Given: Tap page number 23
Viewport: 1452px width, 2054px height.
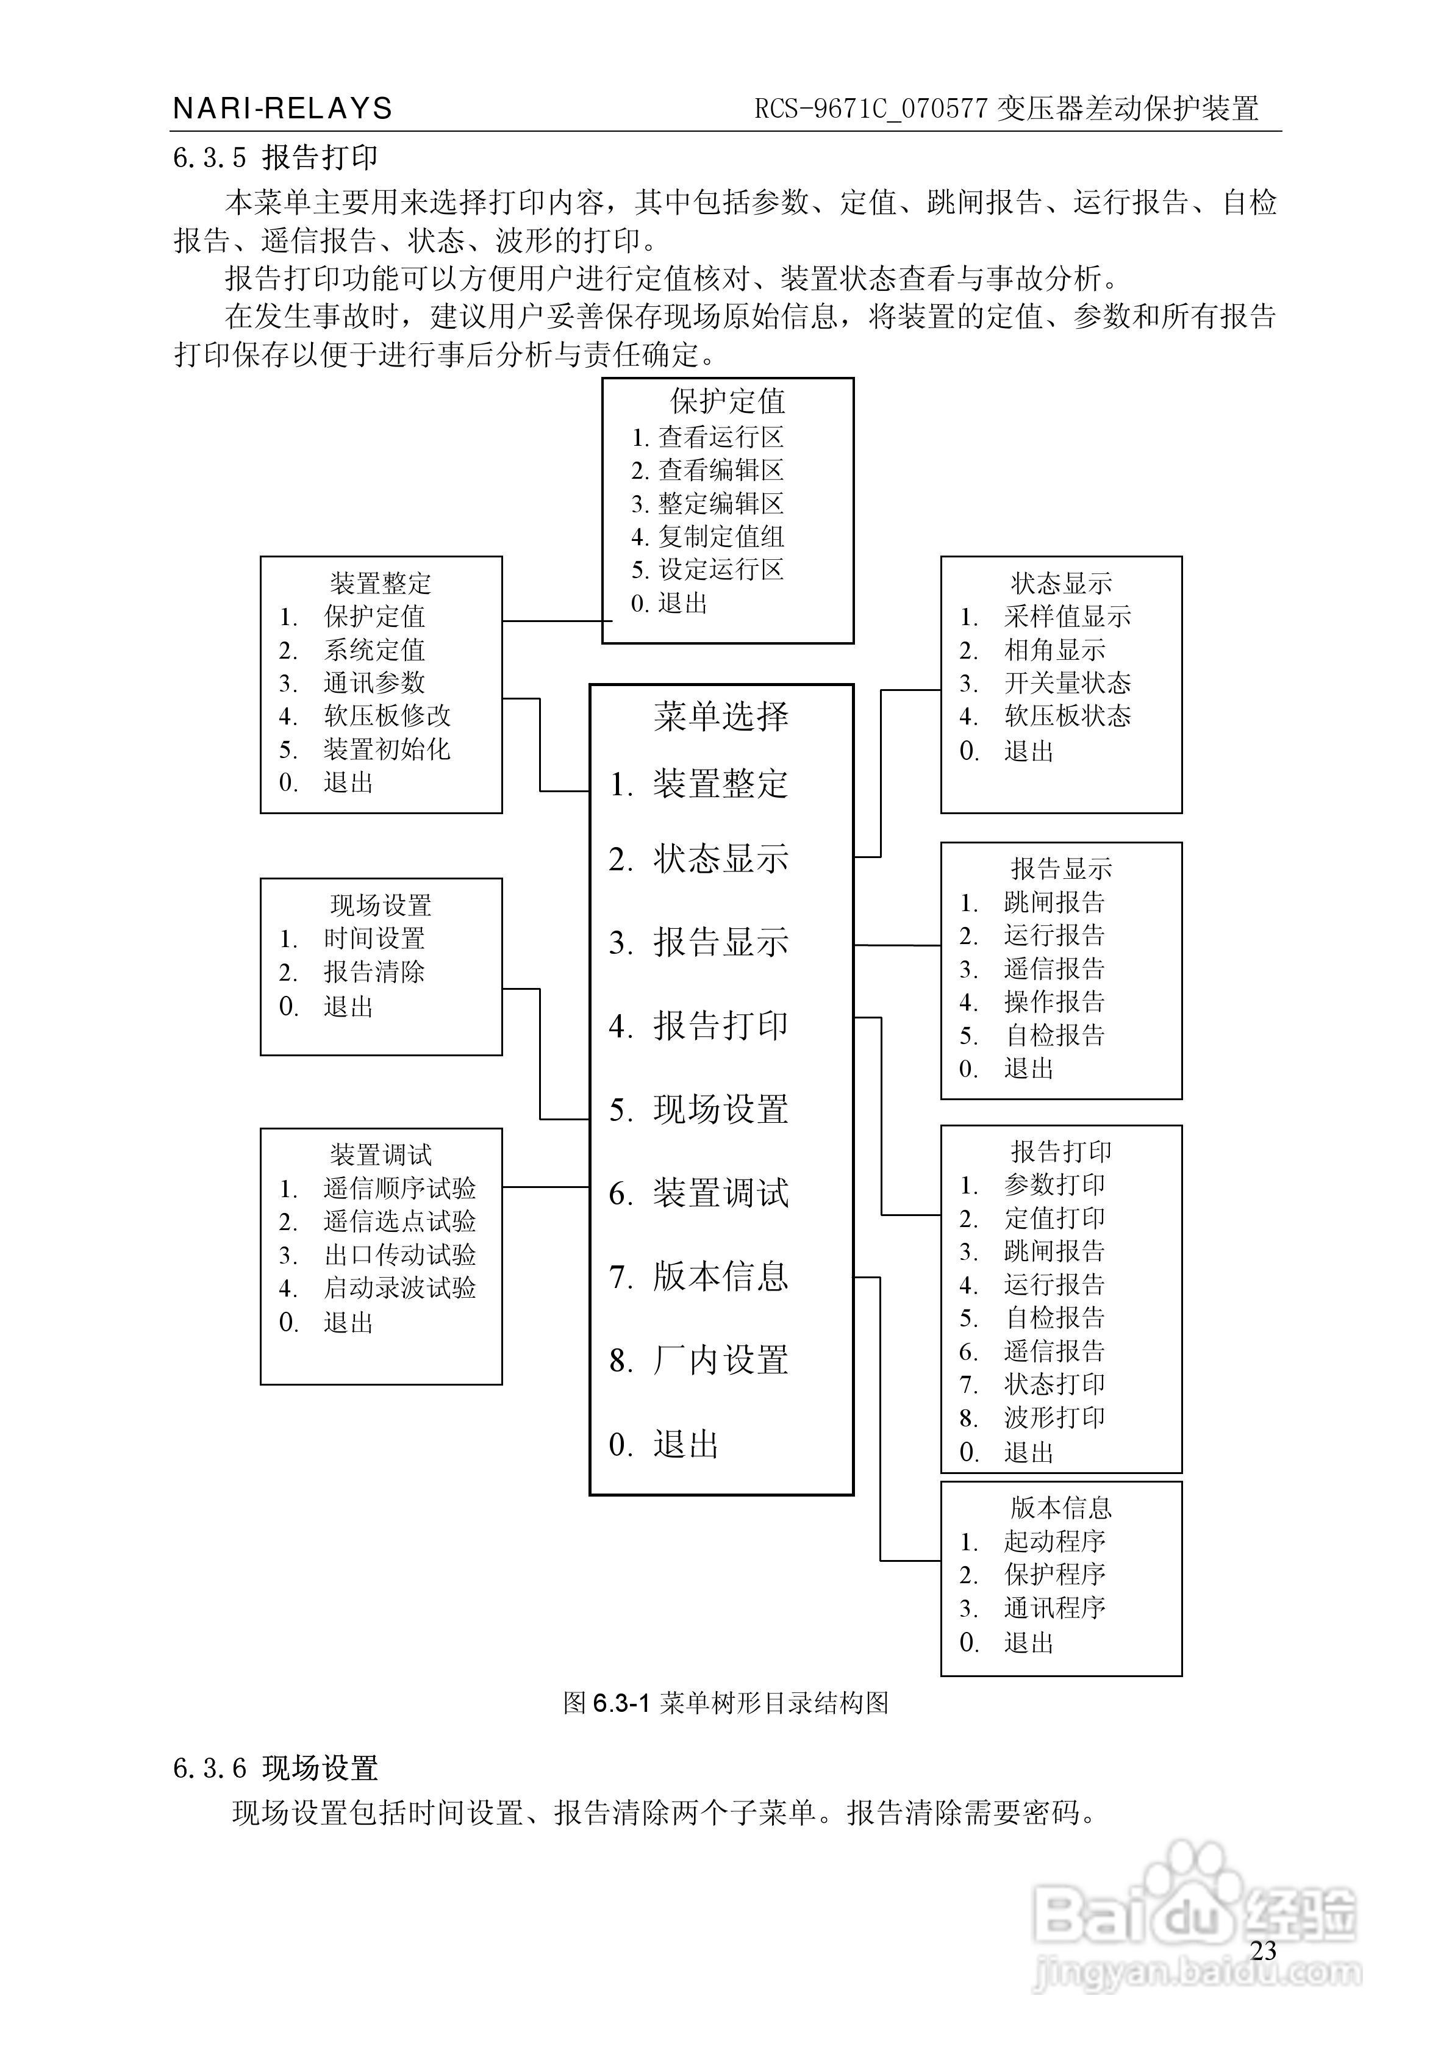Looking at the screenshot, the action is click(x=1262, y=1950).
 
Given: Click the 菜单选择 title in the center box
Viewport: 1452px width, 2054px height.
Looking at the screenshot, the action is click(x=720, y=716).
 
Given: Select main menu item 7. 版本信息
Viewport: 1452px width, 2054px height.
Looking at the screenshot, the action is click(x=699, y=1276).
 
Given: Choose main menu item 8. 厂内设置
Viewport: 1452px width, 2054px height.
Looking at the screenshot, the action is click(x=699, y=1361).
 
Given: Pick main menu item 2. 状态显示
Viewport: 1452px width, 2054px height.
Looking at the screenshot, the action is click(x=699, y=859).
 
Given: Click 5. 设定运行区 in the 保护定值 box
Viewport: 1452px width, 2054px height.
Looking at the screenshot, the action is click(x=707, y=570).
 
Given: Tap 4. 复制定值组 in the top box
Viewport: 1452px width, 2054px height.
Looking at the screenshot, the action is click(x=707, y=537).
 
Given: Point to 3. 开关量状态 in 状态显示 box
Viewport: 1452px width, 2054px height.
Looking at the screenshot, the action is click(x=1045, y=684).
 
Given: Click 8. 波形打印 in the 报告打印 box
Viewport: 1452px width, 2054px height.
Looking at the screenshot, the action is click(x=1032, y=1418).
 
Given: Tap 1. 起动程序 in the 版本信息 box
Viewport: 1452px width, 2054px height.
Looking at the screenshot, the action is click(x=1032, y=1541).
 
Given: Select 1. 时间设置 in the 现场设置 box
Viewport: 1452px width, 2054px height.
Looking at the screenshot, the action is click(x=352, y=939).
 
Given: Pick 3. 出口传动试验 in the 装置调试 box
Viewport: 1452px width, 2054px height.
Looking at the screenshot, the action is click(x=377, y=1255).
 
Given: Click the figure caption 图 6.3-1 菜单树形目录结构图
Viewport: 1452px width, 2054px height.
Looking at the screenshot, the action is click(x=726, y=1703).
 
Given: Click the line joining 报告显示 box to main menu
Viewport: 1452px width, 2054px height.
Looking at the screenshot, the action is click(x=897, y=945).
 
